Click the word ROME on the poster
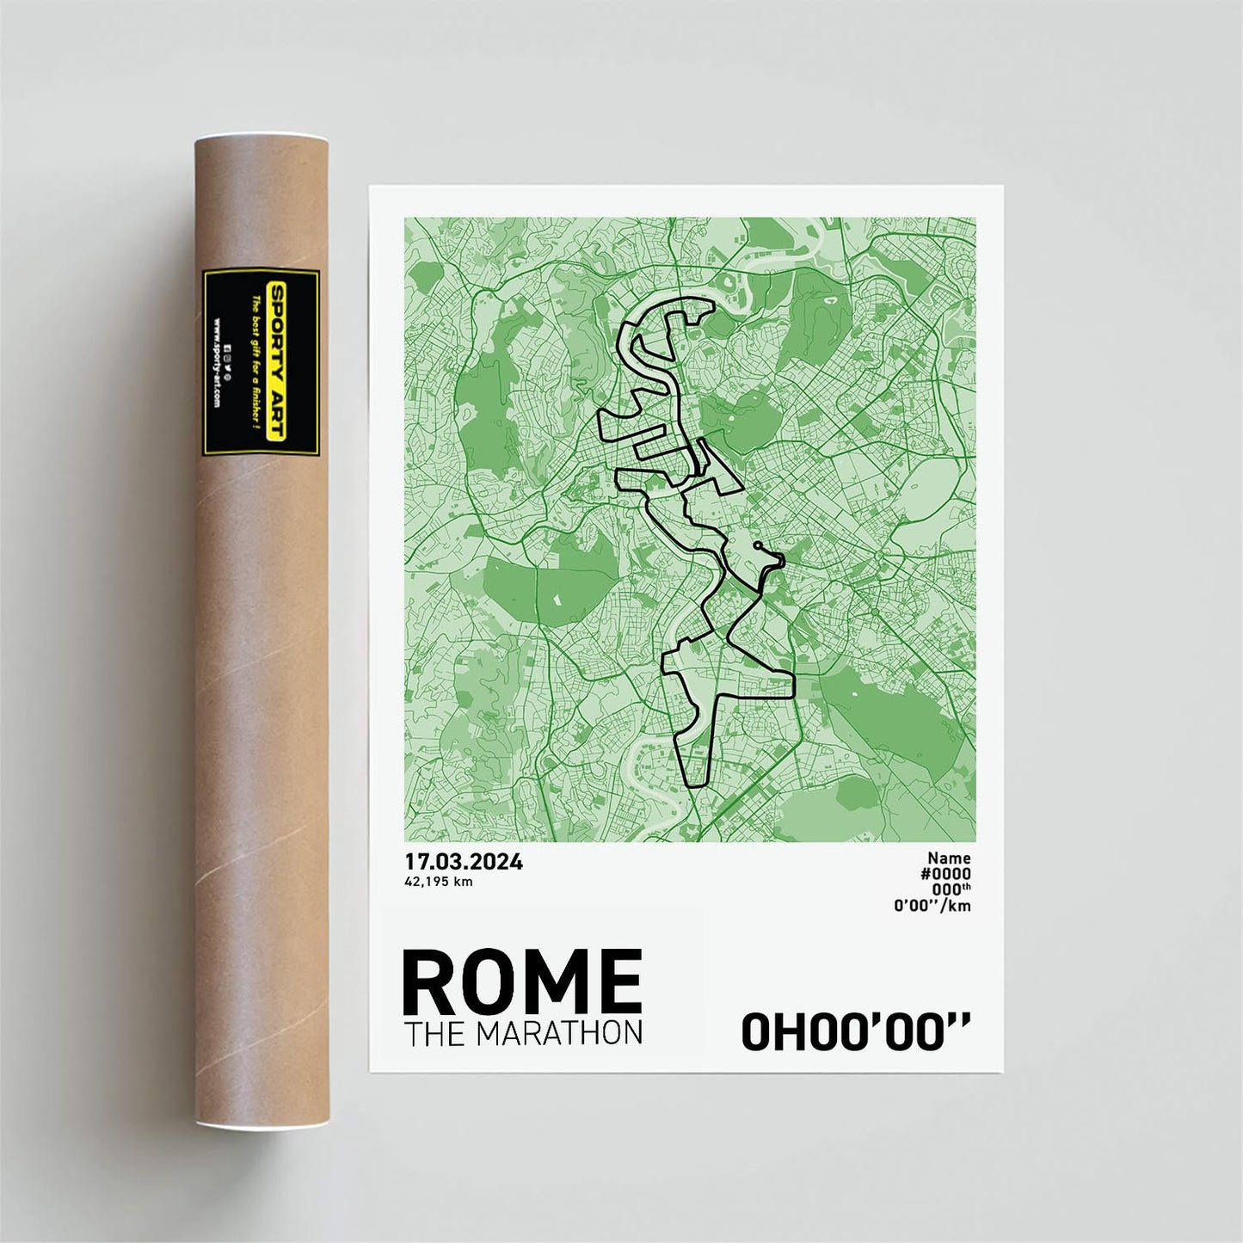(521, 981)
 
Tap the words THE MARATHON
(523, 1033)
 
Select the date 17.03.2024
(464, 862)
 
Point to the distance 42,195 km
(439, 882)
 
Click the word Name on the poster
(949, 858)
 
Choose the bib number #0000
(945, 874)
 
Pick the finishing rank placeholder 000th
(951, 889)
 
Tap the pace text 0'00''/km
(932, 905)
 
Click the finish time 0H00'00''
(855, 1032)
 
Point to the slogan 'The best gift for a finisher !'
(255, 363)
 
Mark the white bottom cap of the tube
(261, 1125)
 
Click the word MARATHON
(559, 1033)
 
